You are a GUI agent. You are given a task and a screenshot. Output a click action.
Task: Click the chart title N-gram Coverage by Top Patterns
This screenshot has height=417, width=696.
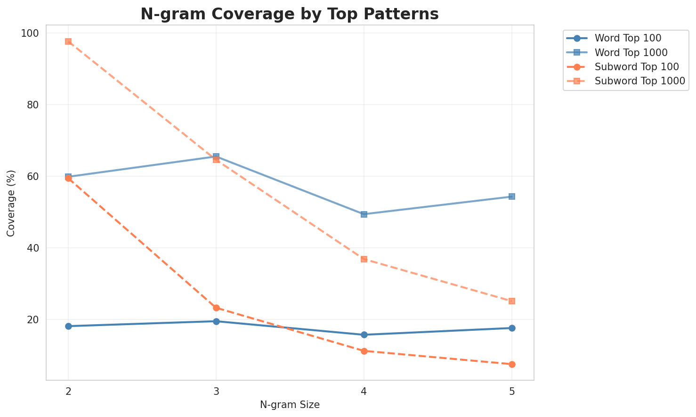(x=290, y=14)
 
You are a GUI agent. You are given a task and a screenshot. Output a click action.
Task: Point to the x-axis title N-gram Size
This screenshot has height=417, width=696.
(x=290, y=405)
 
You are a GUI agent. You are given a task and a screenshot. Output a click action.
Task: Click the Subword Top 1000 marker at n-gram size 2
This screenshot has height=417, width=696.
(x=68, y=41)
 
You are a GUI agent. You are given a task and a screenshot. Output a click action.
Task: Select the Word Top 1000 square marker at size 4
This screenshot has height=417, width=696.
(x=364, y=214)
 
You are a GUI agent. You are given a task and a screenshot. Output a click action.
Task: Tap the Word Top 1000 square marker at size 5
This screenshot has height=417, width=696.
(x=512, y=196)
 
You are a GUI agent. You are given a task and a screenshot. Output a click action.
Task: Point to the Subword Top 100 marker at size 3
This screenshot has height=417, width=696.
(x=216, y=308)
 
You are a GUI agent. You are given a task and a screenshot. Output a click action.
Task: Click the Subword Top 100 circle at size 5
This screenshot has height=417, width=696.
(x=512, y=364)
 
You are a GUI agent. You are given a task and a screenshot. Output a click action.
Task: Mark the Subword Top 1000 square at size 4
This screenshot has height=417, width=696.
(x=364, y=259)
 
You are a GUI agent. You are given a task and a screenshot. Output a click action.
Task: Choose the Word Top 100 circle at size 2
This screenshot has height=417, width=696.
(x=68, y=326)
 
